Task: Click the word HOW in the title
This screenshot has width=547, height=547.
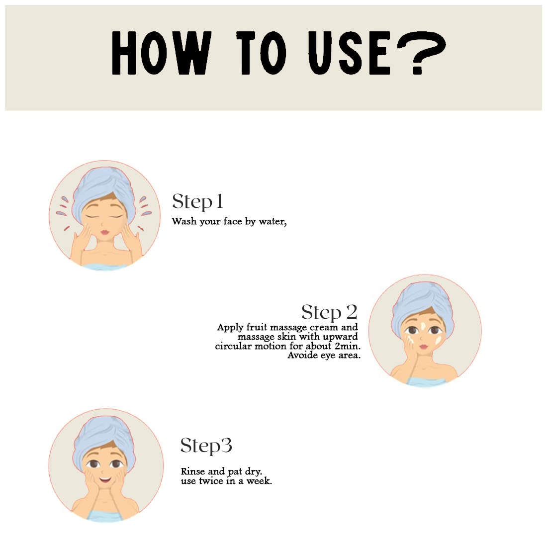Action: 162,53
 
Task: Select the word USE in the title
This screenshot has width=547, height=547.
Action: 349,53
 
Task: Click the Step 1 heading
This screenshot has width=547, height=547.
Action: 197,201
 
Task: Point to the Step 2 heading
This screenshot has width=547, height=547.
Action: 329,312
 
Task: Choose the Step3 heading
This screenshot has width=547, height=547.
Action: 206,446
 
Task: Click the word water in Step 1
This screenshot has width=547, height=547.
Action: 272,221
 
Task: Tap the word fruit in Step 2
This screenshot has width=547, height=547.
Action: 257,327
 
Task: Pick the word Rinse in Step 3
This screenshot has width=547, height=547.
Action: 193,471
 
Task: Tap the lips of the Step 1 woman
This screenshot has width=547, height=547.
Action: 105,232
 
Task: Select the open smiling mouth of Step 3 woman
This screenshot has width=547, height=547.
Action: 104,479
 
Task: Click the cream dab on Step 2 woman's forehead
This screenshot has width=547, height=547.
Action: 423,327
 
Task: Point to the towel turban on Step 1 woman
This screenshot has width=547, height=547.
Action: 102,190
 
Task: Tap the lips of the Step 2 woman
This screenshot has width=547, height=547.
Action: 423,347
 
